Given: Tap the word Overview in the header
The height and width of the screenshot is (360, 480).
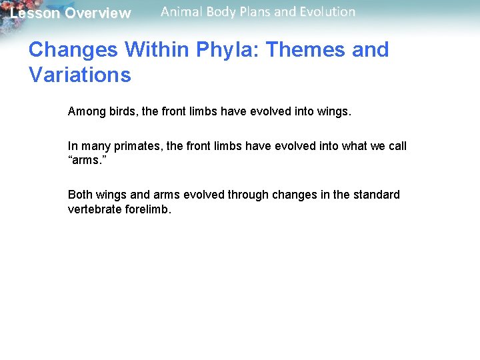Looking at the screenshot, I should [97, 13].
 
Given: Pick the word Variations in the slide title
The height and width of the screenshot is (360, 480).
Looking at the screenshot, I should [80, 75].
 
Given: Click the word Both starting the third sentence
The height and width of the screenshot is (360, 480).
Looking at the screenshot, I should [81, 195].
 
